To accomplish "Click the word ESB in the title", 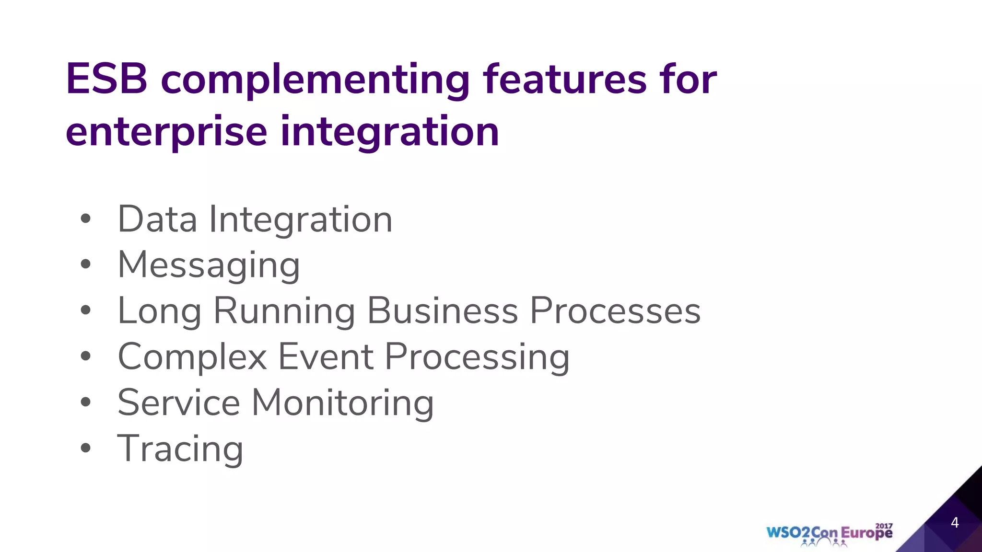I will coord(106,80).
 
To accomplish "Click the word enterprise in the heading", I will coord(166,132).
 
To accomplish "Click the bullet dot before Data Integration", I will coord(86,219).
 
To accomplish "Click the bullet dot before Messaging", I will coord(86,264).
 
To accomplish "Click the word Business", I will coord(442,310).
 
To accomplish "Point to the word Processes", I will coord(615,310).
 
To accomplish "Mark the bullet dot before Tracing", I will coord(86,448).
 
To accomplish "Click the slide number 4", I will coord(954,522).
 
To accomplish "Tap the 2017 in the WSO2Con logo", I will coord(884,526).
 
